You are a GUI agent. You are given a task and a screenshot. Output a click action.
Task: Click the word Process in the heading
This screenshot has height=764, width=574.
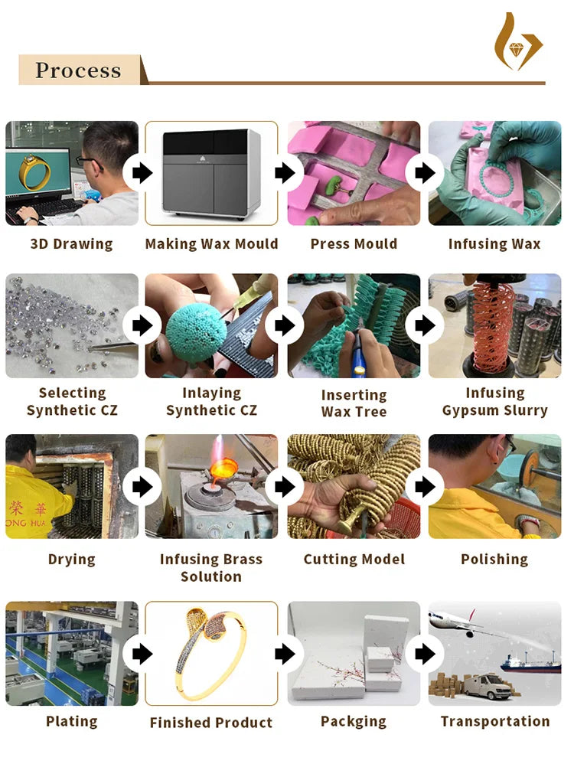click(78, 70)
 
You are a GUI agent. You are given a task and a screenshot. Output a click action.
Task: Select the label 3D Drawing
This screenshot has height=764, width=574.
click(72, 243)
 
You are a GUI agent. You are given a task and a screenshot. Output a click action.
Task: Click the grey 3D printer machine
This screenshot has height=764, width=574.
click(211, 173)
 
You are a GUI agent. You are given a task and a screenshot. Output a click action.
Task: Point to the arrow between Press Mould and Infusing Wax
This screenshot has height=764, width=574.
click(425, 172)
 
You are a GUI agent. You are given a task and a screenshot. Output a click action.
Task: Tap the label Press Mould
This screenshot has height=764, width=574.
click(354, 243)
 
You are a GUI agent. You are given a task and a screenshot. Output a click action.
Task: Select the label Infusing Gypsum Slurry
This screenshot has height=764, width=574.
click(494, 401)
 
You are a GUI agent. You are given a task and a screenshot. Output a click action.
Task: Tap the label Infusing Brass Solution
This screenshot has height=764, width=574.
click(211, 567)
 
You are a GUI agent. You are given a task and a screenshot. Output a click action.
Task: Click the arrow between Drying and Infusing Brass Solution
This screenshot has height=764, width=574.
click(142, 486)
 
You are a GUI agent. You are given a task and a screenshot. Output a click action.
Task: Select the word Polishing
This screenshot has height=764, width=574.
click(494, 560)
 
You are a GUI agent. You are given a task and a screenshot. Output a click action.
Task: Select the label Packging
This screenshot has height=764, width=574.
click(354, 722)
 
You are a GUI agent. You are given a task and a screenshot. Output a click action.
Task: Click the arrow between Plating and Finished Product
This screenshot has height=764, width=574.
click(142, 654)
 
